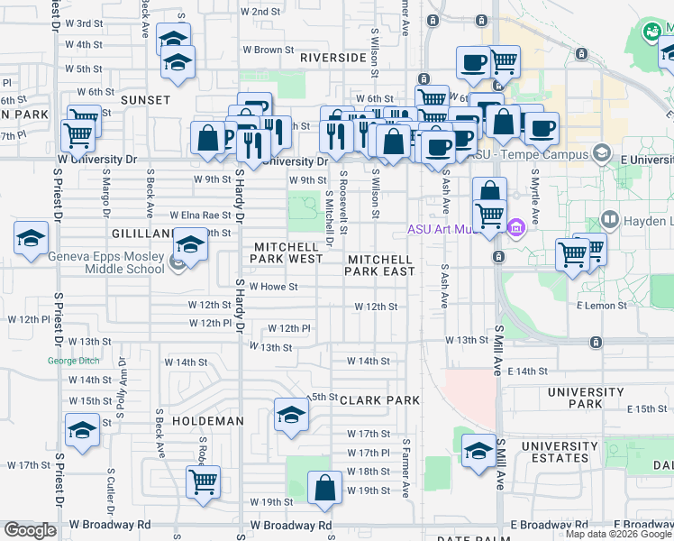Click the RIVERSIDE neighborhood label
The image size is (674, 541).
click(x=333, y=57)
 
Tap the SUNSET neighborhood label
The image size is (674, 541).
click(x=145, y=99)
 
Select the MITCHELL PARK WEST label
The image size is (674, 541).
click(x=287, y=252)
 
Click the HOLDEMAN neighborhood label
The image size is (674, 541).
click(x=208, y=421)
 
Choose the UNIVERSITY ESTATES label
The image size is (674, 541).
click(x=559, y=452)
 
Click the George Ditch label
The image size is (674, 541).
click(x=70, y=362)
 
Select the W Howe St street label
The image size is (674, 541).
click(x=274, y=287)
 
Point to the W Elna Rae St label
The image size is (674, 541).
click(x=200, y=215)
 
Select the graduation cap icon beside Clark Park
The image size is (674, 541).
click(x=291, y=415)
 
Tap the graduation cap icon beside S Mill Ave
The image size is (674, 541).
click(x=478, y=449)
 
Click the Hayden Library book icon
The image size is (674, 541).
click(x=609, y=220)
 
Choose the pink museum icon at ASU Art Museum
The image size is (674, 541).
click(x=515, y=228)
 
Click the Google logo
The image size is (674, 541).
click(x=30, y=530)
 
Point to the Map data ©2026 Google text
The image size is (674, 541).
click(x=617, y=534)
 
